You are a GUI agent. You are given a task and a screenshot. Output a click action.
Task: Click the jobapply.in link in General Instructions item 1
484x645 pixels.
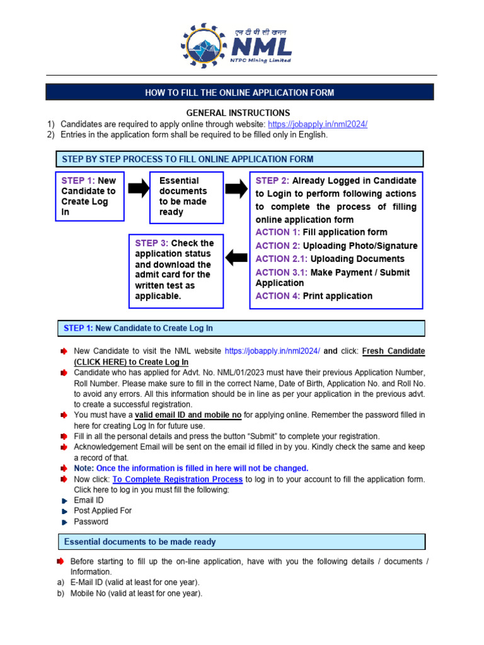coord(317,124)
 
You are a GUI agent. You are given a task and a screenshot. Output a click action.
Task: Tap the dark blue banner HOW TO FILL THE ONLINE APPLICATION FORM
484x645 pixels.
coord(239,93)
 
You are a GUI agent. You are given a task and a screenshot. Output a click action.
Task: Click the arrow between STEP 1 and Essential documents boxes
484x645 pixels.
coord(136,188)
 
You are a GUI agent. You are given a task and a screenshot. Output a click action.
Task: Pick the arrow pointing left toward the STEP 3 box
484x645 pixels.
coord(236,257)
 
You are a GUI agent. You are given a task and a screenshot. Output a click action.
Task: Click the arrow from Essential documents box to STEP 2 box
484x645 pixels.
coord(236,188)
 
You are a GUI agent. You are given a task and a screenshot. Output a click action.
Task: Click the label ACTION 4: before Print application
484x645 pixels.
coord(278,296)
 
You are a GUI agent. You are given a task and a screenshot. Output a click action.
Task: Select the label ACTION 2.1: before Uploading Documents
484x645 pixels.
coord(282,259)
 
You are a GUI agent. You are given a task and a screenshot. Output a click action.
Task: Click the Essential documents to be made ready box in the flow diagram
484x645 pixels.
coord(186,197)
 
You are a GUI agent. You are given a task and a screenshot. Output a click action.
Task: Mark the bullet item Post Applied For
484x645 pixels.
coord(103,511)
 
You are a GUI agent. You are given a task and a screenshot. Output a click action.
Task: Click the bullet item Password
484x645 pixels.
coord(91,522)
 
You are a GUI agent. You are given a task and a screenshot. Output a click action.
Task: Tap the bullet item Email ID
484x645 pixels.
coord(88,500)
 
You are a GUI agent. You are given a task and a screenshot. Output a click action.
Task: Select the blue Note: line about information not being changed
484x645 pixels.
coord(191,468)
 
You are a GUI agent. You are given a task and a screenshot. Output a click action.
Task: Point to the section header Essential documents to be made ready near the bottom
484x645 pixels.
coord(140,542)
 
